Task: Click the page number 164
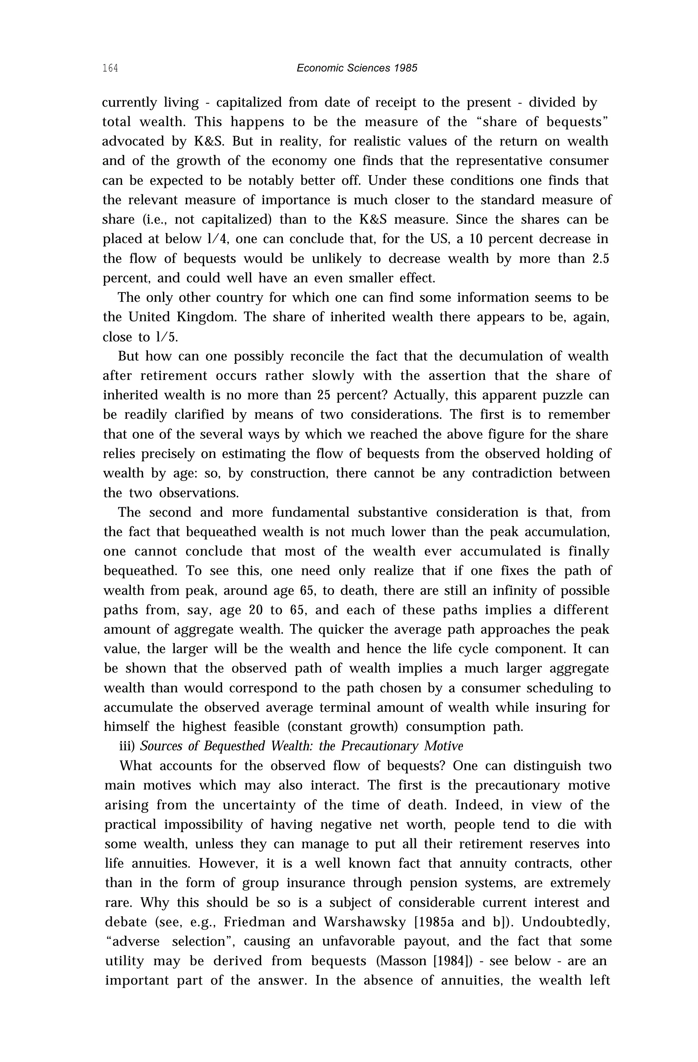(110, 68)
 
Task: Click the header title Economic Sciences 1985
(357, 68)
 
